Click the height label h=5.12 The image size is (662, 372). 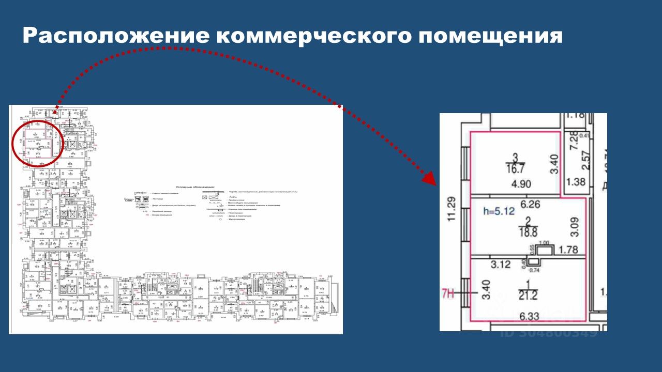pos(496,211)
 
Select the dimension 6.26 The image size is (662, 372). pos(530,205)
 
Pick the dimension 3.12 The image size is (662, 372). pos(501,265)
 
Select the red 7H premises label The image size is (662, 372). pos(448,295)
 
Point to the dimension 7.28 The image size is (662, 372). pos(573,141)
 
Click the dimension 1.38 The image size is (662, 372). pos(576,182)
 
